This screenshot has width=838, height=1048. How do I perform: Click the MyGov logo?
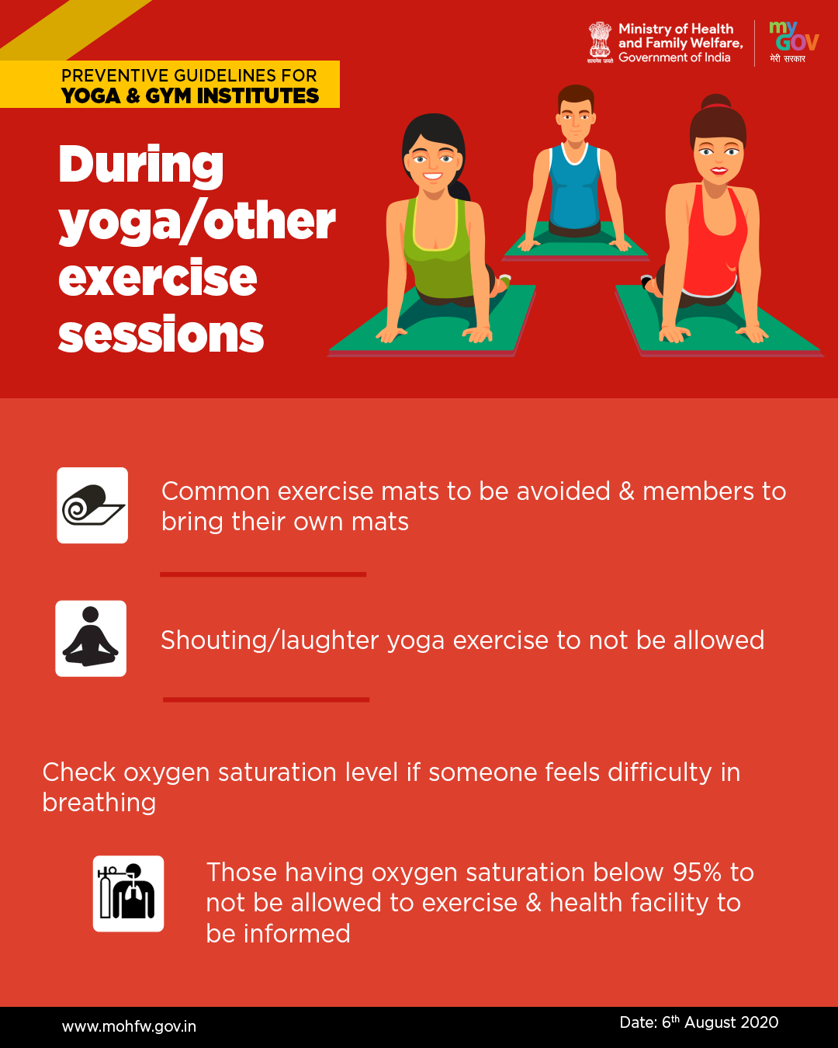pyautogui.click(x=794, y=42)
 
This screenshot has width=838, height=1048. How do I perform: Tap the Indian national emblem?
pyautogui.click(x=600, y=42)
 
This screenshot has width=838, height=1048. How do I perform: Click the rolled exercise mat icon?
pyautogui.click(x=92, y=505)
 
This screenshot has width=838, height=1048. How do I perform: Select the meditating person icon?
pyautogui.click(x=91, y=638)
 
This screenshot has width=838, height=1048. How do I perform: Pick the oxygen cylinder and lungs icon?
pyautogui.click(x=129, y=894)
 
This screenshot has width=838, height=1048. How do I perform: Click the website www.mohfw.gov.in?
pyautogui.click(x=129, y=1026)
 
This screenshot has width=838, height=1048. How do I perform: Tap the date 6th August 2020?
pyautogui.click(x=699, y=1022)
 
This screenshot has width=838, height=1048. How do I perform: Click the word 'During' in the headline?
pyautogui.click(x=141, y=165)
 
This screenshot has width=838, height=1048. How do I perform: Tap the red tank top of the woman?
pyautogui.click(x=715, y=241)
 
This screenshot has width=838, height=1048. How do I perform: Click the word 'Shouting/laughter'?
pyautogui.click(x=270, y=640)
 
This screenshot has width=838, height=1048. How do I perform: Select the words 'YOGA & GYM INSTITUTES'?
pyautogui.click(x=190, y=95)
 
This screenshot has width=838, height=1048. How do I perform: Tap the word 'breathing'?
pyautogui.click(x=99, y=802)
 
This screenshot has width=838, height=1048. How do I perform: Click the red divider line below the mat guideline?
pyautogui.click(x=263, y=574)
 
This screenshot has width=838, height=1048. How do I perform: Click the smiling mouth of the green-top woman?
pyautogui.click(x=432, y=175)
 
